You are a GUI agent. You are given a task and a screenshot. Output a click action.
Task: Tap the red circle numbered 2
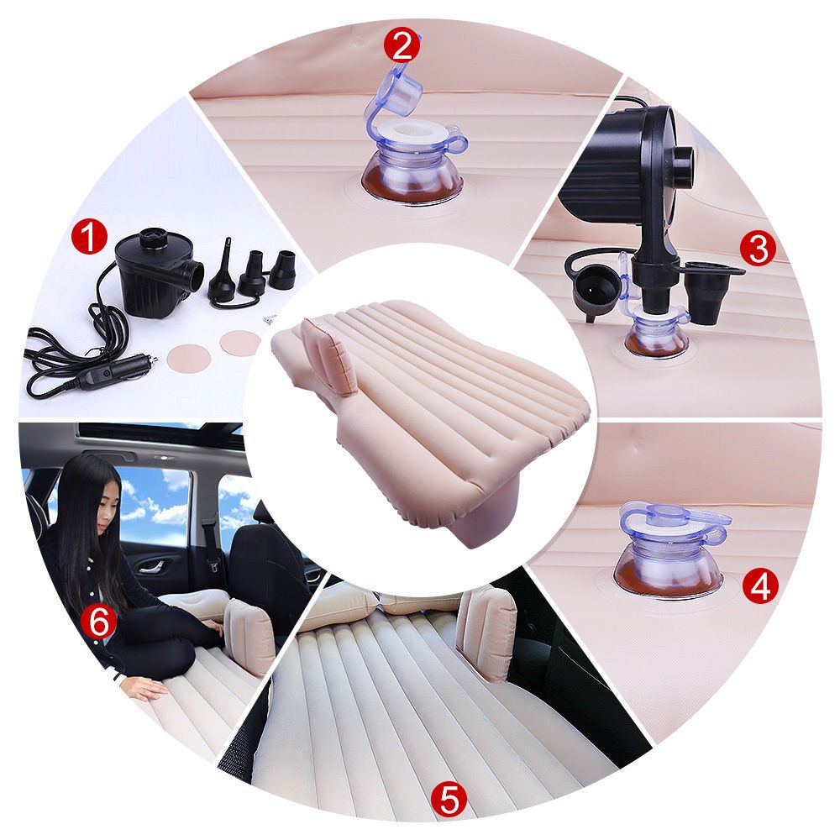pos(402,45)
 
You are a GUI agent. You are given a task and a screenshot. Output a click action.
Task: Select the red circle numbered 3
pos(758,249)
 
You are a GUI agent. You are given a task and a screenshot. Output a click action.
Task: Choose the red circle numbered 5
pos(449,800)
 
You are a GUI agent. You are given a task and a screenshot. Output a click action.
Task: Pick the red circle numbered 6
pos(98,622)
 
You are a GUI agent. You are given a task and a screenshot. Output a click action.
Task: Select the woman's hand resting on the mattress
pos(146,690)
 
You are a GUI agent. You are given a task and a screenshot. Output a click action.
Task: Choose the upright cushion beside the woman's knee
pos(249,636)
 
